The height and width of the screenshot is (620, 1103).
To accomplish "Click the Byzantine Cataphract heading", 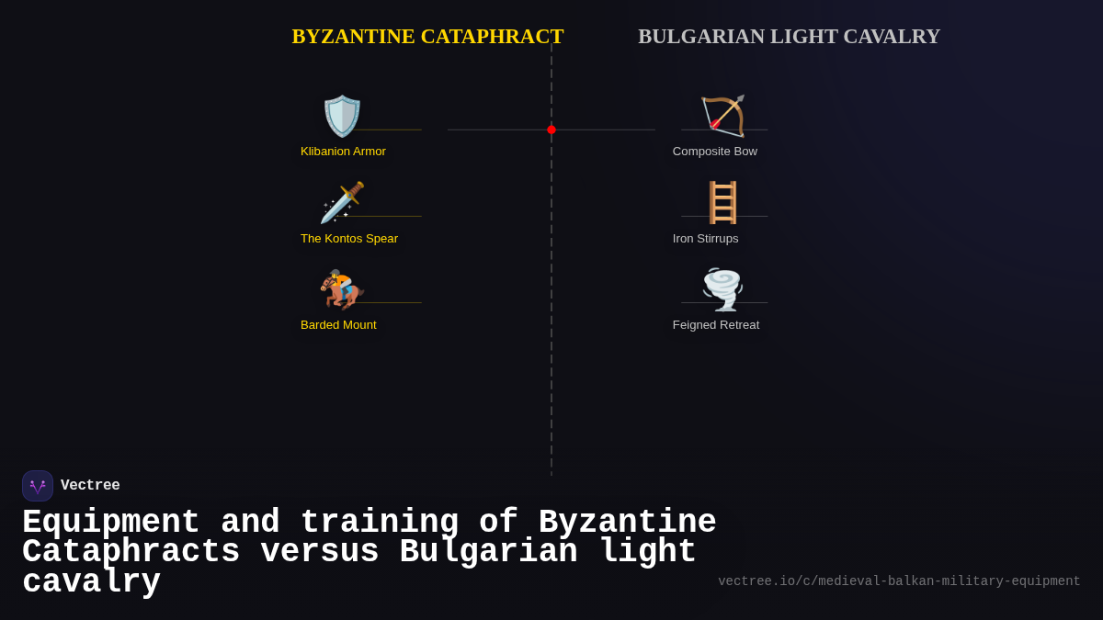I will pyautogui.click(x=427, y=37).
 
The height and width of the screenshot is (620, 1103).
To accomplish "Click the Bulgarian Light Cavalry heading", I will pyautogui.click(x=789, y=37).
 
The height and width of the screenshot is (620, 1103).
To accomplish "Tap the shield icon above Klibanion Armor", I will pyautogui.click(x=342, y=117).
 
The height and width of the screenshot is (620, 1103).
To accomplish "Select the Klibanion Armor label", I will pyautogui.click(x=343, y=152).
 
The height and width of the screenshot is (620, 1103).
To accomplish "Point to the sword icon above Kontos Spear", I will pyautogui.click(x=342, y=203).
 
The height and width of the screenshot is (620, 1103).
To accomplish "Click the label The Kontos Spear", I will pyautogui.click(x=349, y=239).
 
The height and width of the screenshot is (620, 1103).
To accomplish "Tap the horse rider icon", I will pyautogui.click(x=342, y=289).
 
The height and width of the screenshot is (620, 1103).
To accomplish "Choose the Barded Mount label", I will pyautogui.click(x=338, y=325).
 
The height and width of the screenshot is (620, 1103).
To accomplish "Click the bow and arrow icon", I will pyautogui.click(x=722, y=117).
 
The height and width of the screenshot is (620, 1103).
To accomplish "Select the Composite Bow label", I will pyautogui.click(x=715, y=152).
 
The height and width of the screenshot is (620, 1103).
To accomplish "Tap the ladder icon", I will pyautogui.click(x=722, y=203).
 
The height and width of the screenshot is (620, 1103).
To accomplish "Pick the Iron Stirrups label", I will pyautogui.click(x=705, y=239).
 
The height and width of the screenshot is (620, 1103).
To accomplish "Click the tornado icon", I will pyautogui.click(x=722, y=289).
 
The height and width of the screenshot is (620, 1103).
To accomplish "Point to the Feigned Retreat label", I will pyautogui.click(x=716, y=325).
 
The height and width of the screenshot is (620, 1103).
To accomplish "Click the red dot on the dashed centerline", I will pyautogui.click(x=551, y=130).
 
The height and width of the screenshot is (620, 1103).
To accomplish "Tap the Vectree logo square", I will pyautogui.click(x=38, y=486).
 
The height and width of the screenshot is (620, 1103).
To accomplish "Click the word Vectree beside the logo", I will pyautogui.click(x=90, y=486).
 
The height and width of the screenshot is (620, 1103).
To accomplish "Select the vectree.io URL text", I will pyautogui.click(x=899, y=581).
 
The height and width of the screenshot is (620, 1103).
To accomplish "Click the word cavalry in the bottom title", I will pyautogui.click(x=91, y=582).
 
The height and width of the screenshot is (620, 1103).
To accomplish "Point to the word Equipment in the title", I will pyautogui.click(x=111, y=522).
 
